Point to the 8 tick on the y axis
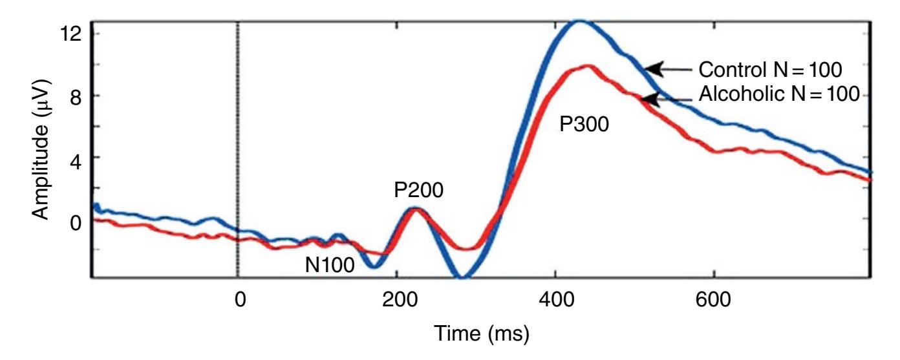point(75,96)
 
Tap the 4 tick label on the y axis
point(75,158)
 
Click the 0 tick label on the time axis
point(239,301)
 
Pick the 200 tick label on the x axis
point(397,301)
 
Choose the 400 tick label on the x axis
point(555,301)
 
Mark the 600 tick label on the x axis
point(714,301)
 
